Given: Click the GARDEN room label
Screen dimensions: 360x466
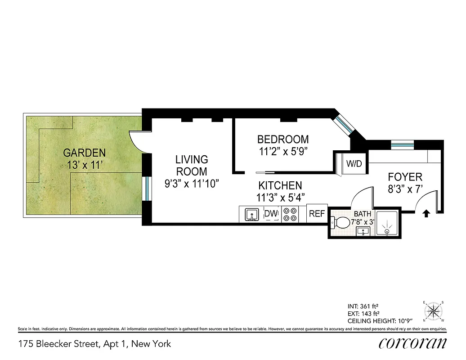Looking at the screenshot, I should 84,153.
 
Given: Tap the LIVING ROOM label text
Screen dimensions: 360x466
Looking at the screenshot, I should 192,165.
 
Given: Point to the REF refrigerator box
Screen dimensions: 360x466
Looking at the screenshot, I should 317,214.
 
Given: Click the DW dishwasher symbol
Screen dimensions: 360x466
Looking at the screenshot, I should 271,214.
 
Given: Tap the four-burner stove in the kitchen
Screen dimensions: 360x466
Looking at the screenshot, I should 290,214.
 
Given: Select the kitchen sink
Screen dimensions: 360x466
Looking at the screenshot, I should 252,215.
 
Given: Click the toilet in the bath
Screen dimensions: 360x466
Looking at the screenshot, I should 341,222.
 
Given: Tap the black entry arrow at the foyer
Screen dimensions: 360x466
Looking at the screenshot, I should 426,214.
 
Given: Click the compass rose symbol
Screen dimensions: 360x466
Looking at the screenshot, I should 434,310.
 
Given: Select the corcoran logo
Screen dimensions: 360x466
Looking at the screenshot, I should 413,343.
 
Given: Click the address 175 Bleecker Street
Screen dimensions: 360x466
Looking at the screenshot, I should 94,344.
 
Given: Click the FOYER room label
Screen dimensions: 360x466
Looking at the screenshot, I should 405,177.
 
